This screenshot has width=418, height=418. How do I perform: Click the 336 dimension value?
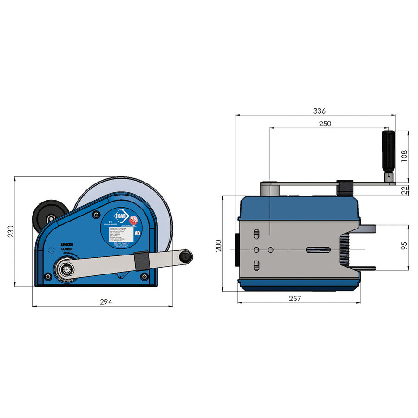point(319,111)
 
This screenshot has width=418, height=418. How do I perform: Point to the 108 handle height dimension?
point(404,156)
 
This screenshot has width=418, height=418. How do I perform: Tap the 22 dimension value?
point(404,189)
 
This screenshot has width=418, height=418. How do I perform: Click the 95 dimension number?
point(404,247)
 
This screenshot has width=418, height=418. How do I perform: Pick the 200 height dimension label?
point(219,245)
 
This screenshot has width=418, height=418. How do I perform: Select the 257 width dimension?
point(295,299)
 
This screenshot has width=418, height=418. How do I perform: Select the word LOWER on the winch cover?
point(67,249)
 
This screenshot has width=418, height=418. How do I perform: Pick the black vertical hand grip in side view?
point(388,151)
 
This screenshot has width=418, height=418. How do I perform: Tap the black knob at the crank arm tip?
point(186,255)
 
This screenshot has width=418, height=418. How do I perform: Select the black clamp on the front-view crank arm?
point(141,260)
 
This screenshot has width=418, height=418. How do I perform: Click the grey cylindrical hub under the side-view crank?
point(268,189)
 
